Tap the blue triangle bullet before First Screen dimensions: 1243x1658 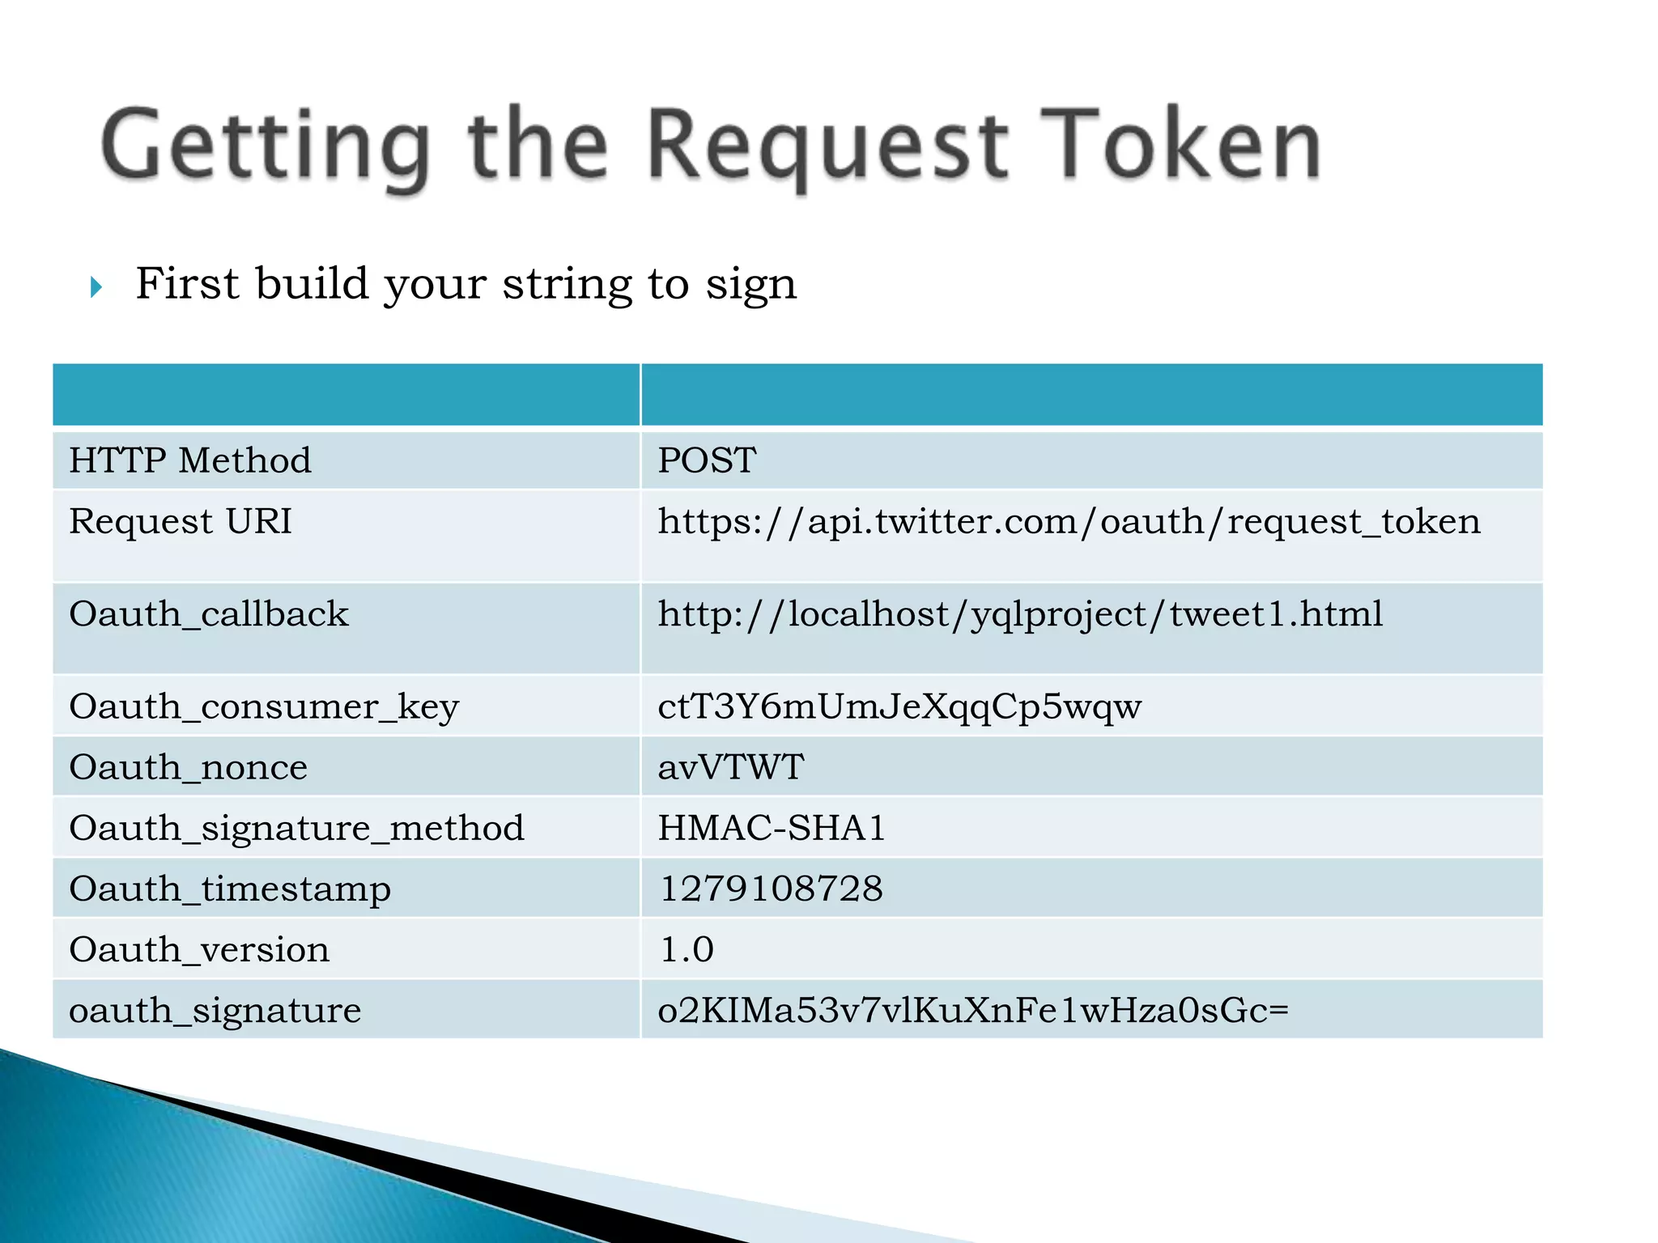tap(96, 286)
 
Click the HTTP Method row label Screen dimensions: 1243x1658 tap(190, 460)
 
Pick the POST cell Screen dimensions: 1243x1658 tap(707, 460)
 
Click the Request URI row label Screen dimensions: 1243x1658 tap(180, 521)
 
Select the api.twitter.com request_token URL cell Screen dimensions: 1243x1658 tap(1069, 522)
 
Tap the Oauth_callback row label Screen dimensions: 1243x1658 tap(209, 614)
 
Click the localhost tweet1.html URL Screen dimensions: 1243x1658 tap(1020, 614)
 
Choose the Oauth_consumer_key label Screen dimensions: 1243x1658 tap(264, 707)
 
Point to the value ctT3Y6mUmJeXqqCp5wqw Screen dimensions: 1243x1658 tap(899, 707)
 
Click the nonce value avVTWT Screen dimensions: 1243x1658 tap(730, 767)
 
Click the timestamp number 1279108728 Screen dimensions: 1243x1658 tap(772, 889)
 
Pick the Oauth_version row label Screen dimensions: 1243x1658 tap(199, 950)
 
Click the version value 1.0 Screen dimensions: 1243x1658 tap(687, 950)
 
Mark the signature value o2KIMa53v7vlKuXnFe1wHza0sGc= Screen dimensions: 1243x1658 tap(972, 1011)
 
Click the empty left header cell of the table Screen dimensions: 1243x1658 tap(346, 395)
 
